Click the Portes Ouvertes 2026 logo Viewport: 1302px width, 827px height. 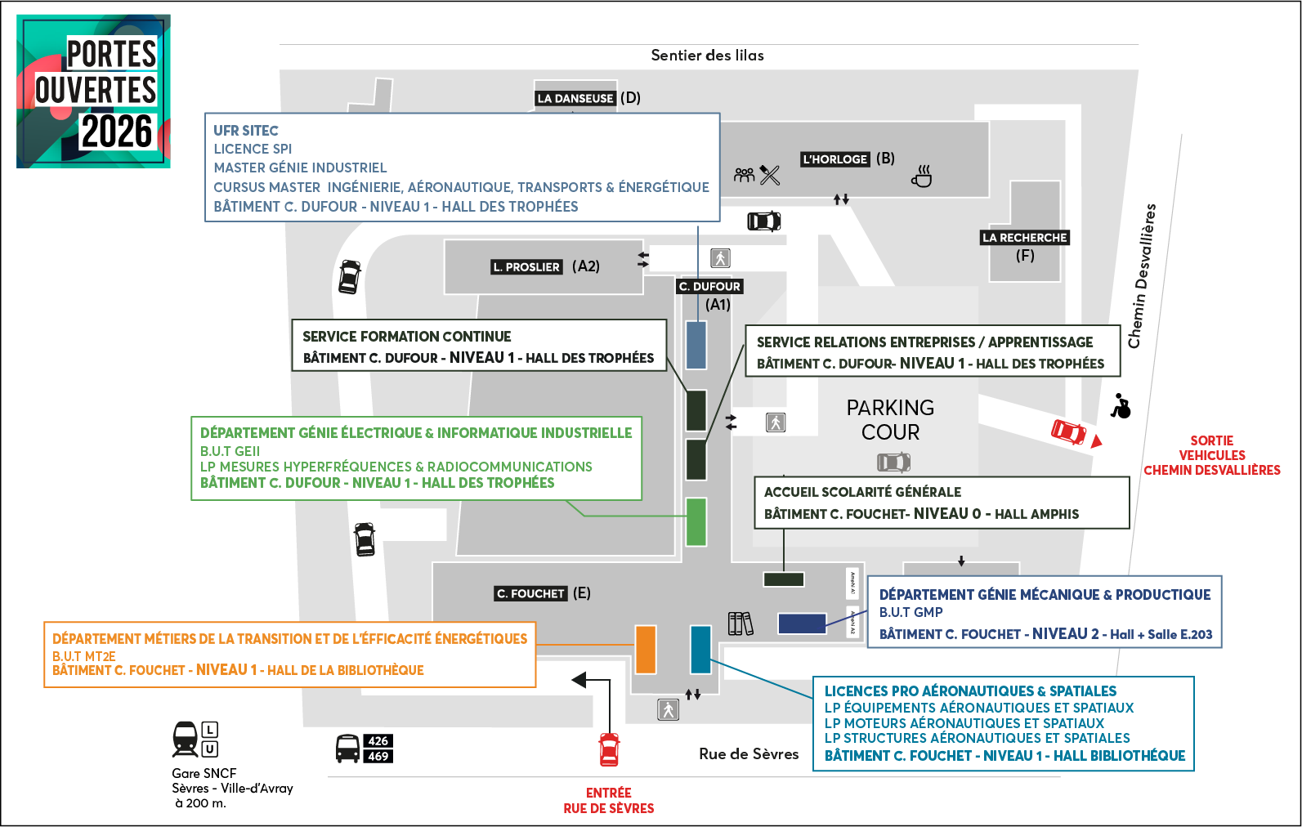(93, 91)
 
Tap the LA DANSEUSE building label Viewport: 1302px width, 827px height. (575, 98)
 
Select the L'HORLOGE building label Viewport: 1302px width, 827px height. (834, 159)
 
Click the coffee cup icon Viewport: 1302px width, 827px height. (922, 177)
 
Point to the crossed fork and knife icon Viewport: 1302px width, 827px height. (770, 175)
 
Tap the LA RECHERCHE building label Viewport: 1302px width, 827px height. (1025, 238)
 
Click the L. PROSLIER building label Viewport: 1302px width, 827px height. (526, 267)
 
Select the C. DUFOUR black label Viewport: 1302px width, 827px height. (709, 286)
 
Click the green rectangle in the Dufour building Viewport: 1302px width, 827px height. (696, 521)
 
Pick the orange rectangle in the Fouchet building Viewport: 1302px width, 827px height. (646, 650)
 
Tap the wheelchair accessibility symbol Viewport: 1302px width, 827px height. (1121, 405)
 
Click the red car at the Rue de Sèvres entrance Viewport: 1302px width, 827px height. (609, 749)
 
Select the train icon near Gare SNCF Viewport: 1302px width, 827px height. (186, 739)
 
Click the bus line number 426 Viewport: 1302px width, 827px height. (378, 741)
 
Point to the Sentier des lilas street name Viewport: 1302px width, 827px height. (707, 56)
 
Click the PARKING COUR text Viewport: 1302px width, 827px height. (890, 419)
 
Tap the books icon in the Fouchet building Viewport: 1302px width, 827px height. (740, 624)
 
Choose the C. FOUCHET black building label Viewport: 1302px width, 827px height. (530, 594)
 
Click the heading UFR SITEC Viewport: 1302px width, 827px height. (246, 131)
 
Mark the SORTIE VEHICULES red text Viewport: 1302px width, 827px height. (1211, 448)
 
